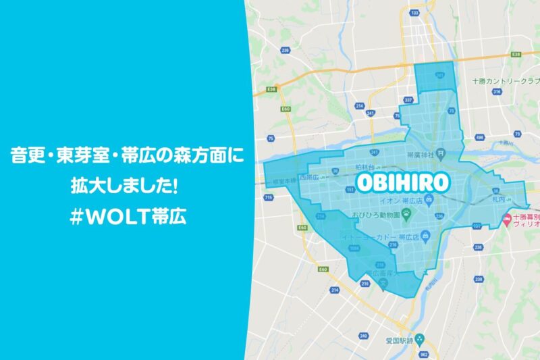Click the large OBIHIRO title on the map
point(402,182)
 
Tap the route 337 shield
point(406,99)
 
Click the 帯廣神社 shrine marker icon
point(440,153)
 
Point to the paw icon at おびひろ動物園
point(408,212)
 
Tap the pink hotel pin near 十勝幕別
point(507,219)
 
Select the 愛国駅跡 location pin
point(418,336)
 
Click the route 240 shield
point(364,336)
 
